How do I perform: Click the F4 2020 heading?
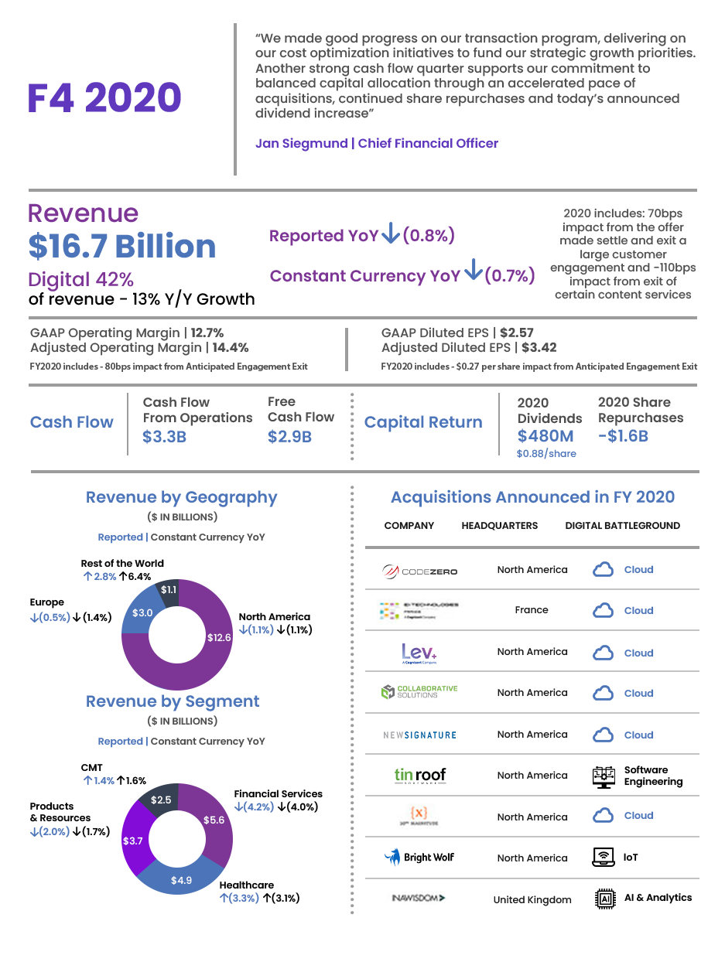[x=104, y=98]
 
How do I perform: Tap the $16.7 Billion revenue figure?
[x=121, y=246]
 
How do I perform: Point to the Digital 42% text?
[x=80, y=280]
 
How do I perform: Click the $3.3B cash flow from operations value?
[x=164, y=437]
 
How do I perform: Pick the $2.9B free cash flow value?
[x=289, y=437]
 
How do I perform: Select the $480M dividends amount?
[x=544, y=436]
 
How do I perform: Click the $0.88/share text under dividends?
[x=546, y=454]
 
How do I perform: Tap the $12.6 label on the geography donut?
[x=219, y=638]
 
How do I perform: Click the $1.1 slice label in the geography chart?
[x=169, y=590]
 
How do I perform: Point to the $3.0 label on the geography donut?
[x=142, y=613]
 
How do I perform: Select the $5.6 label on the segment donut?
[x=214, y=820]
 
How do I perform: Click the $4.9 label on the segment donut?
[x=181, y=880]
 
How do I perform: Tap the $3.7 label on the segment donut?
[x=133, y=840]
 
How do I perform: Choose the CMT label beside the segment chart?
[x=92, y=768]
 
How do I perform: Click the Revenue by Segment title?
[x=173, y=701]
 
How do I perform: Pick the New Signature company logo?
[x=420, y=735]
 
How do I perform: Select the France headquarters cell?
[x=531, y=610]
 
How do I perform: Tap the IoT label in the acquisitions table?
[x=631, y=858]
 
